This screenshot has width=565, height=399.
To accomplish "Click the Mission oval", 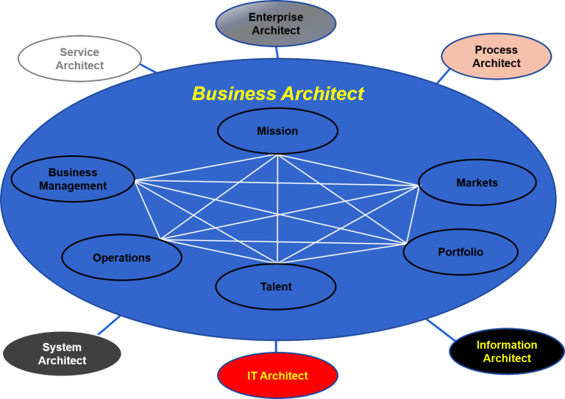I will click(277, 131).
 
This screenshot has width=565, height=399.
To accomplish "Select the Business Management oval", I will click(73, 180).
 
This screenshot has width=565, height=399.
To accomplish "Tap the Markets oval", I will click(477, 183).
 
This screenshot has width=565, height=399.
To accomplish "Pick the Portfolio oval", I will click(461, 252).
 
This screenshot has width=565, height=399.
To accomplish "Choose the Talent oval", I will click(276, 287).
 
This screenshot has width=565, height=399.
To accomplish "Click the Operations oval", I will click(121, 258).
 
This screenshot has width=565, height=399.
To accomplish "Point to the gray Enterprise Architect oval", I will click(276, 24).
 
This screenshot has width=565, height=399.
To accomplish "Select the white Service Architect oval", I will click(79, 59).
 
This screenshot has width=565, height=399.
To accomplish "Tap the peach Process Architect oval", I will click(496, 57).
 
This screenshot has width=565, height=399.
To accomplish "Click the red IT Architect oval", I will click(277, 375).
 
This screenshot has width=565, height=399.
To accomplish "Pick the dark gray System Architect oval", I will click(62, 354).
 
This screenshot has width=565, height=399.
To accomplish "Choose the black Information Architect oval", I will click(507, 351).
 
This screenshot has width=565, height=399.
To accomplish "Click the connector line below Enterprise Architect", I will click(277, 52).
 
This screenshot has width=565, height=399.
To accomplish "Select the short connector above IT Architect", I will click(276, 346).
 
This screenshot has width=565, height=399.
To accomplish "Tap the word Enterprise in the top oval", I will click(276, 18).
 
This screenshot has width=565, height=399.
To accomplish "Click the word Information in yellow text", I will click(507, 345).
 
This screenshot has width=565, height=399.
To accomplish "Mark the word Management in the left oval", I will click(73, 186).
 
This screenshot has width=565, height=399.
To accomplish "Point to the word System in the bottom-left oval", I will click(62, 347).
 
